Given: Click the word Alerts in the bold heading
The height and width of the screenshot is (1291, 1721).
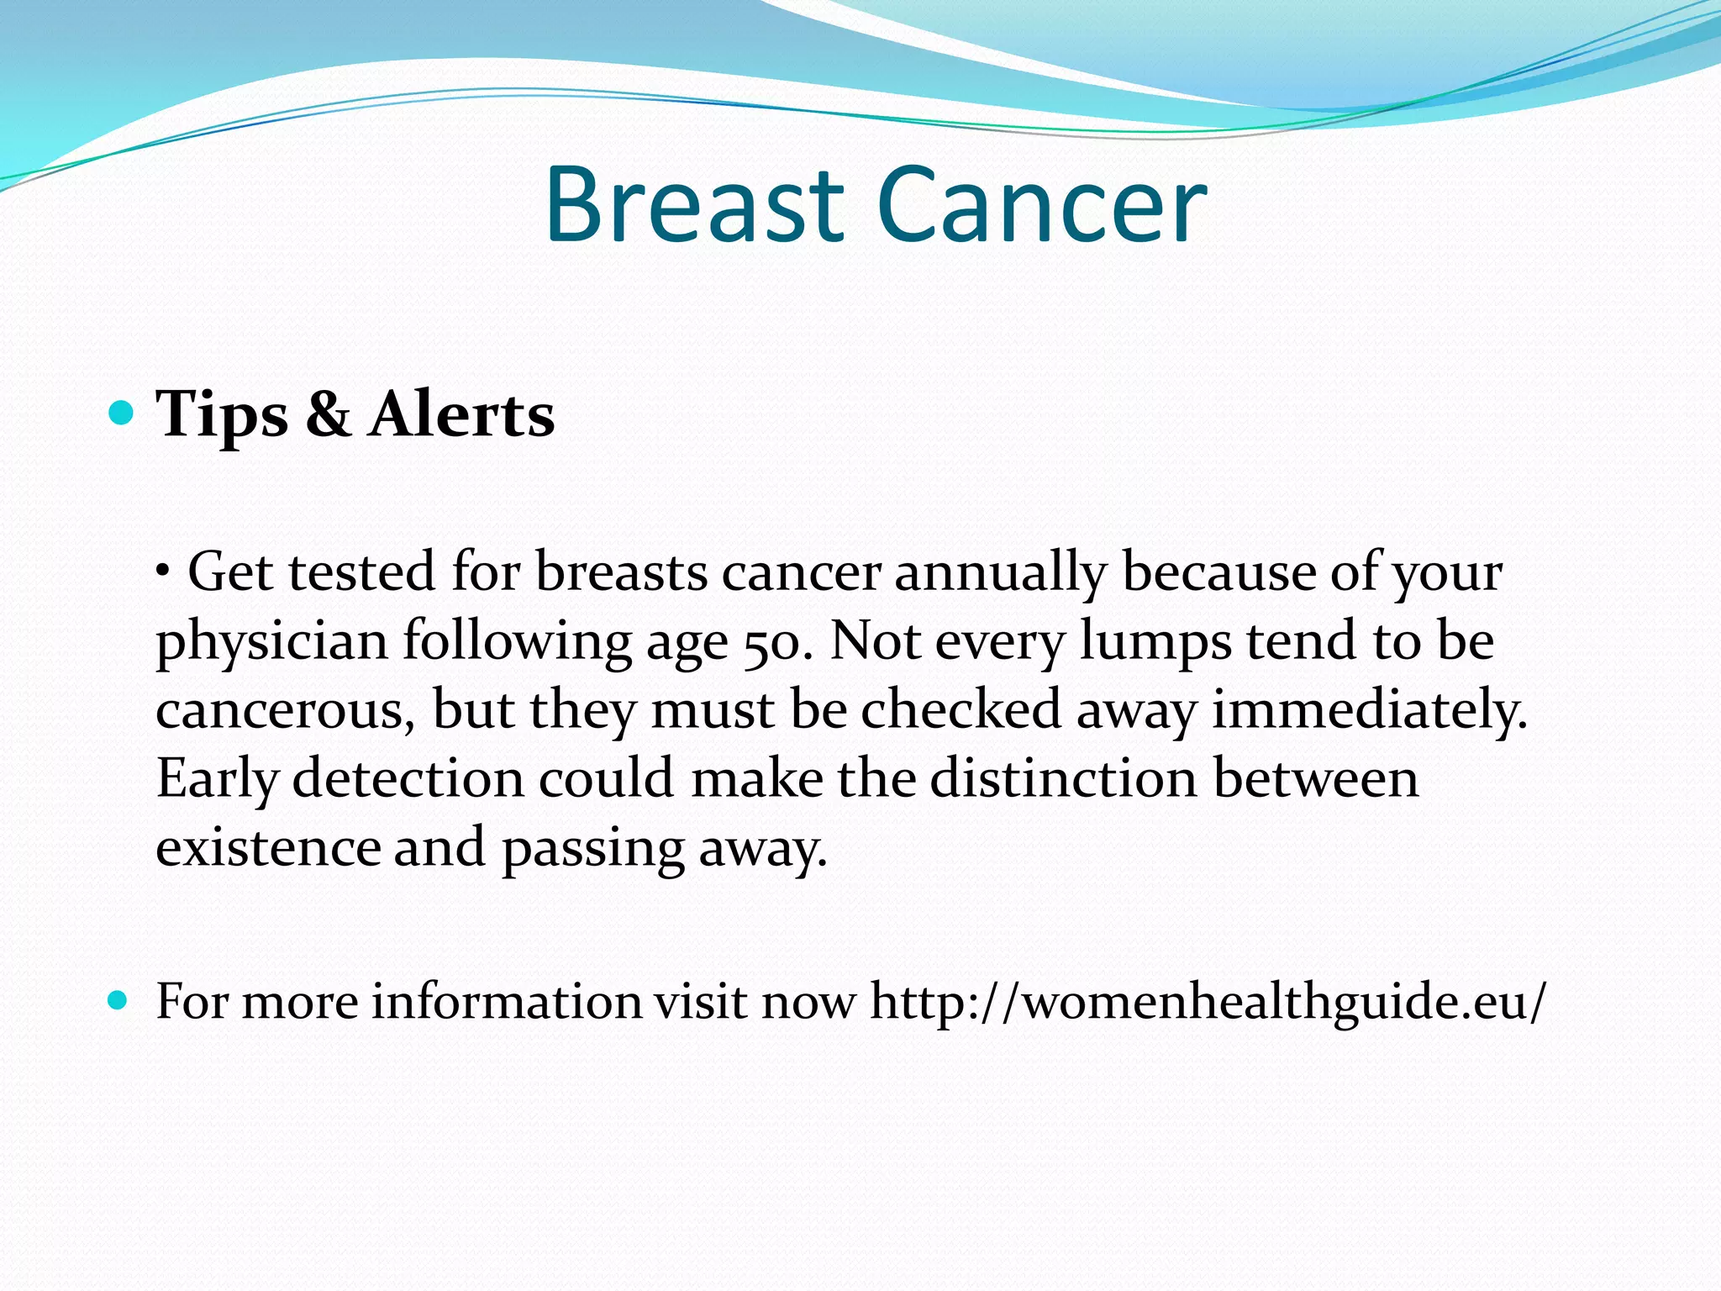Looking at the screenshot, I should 461,415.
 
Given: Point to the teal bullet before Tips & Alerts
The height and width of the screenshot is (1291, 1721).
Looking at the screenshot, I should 122,413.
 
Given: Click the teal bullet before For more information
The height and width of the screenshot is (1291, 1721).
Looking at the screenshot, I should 118,1000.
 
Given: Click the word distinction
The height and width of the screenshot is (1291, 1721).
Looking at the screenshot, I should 1063,778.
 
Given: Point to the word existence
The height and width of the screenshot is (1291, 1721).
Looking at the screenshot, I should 267,847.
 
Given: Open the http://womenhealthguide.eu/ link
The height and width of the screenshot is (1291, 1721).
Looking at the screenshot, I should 1207,1002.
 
